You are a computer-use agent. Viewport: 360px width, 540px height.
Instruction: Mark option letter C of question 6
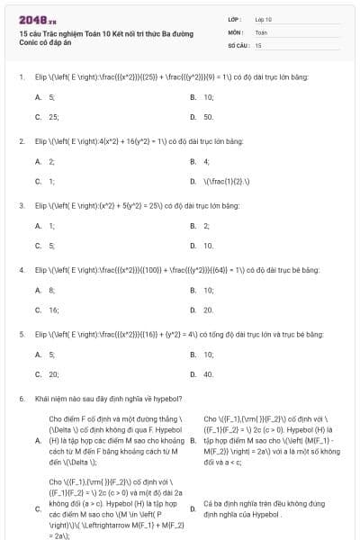[x=38, y=508]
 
